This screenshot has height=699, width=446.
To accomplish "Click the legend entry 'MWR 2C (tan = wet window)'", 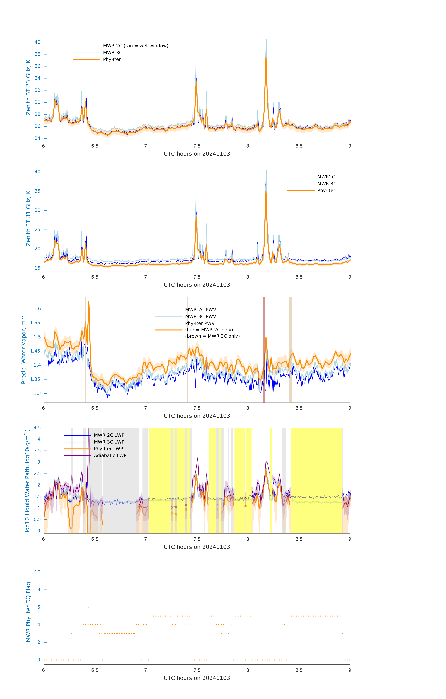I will [x=135, y=46].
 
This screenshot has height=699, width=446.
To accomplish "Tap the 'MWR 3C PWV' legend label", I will [x=200, y=316].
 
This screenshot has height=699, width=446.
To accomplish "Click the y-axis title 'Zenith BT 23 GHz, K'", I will [x=28, y=87].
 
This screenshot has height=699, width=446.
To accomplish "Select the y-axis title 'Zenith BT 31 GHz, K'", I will [x=28, y=218].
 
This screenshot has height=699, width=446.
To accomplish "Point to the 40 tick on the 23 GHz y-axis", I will [x=37, y=42].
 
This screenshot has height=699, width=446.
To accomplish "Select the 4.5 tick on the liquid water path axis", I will [x=37, y=428].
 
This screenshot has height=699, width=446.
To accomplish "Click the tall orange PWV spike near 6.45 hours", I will [x=89, y=302].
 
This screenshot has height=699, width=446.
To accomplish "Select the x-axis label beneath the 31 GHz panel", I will [x=197, y=285].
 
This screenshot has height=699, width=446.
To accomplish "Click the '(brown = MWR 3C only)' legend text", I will [x=212, y=336].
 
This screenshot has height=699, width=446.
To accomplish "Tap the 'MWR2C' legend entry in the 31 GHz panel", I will [x=326, y=177].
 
